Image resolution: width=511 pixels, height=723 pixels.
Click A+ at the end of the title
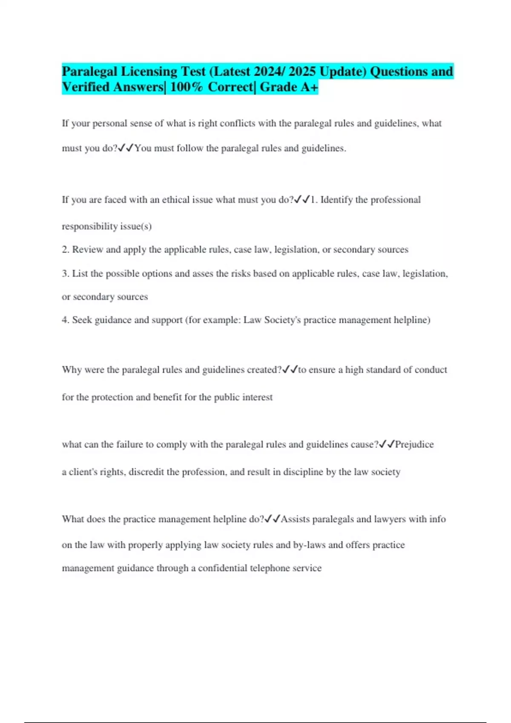coord(309,87)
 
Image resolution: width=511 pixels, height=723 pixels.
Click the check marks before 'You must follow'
coord(126,148)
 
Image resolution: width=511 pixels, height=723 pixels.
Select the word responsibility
coord(89,226)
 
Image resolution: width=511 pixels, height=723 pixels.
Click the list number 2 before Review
coord(65,250)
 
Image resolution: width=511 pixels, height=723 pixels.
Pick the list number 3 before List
coord(65,273)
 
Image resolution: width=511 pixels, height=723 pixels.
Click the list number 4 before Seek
coord(65,320)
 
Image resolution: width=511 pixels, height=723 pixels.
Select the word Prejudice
coord(414,444)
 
